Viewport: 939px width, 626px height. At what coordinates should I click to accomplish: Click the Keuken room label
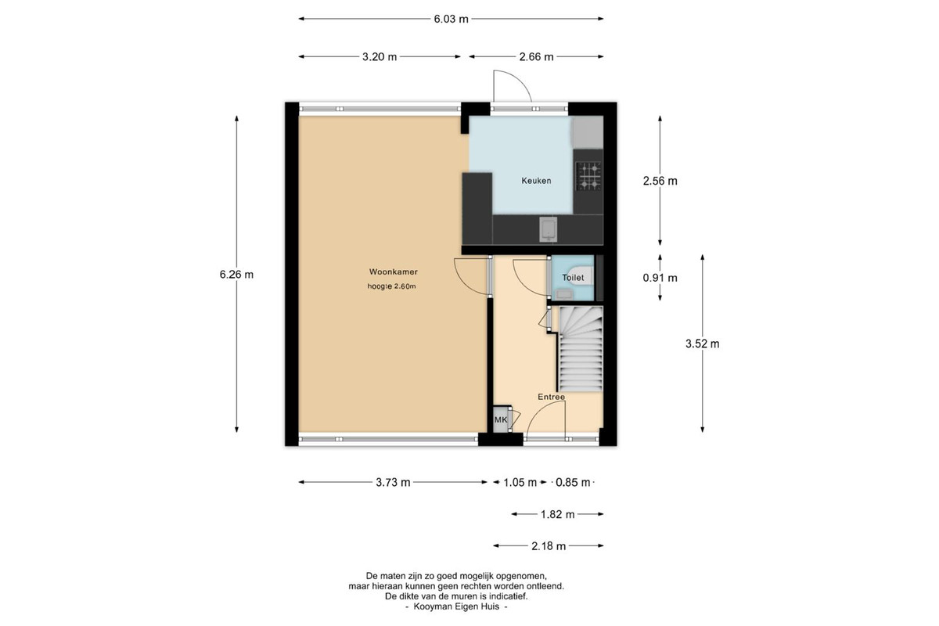536,181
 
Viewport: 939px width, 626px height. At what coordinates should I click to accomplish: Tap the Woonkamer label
393,272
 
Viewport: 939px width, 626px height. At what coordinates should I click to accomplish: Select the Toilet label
573,278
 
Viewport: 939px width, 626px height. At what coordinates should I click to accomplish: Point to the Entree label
551,397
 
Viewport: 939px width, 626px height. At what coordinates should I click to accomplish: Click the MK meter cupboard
501,419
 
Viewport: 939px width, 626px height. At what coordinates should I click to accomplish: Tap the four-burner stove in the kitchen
588,176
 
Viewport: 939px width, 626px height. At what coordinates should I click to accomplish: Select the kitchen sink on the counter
549,230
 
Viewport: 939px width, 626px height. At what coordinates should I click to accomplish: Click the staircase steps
581,349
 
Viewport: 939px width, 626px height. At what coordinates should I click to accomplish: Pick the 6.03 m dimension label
451,20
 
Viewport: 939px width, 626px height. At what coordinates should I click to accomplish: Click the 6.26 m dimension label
236,275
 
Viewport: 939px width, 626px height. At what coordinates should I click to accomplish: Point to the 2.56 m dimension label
660,181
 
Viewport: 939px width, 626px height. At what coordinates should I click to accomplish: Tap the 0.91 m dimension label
660,278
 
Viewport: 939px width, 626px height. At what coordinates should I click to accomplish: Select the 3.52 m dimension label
703,344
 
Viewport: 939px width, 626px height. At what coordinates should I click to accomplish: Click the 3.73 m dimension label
393,483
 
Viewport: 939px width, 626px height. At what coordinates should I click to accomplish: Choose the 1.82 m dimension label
557,514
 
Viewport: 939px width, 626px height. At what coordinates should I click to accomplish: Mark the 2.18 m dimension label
549,546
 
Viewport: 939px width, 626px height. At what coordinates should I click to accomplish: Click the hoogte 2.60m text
391,287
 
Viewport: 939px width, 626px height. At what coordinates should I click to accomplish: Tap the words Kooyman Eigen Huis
456,606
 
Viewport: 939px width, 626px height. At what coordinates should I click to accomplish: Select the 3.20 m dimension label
380,57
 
